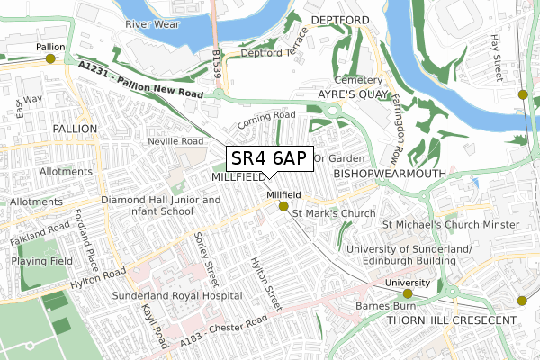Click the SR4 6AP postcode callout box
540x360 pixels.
click(x=269, y=158)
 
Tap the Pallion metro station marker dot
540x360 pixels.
click(x=50, y=58)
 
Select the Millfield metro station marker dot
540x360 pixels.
click(x=283, y=207)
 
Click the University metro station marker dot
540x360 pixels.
click(x=407, y=293)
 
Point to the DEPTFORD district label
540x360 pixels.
click(x=340, y=19)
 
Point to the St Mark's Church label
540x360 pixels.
click(x=337, y=213)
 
